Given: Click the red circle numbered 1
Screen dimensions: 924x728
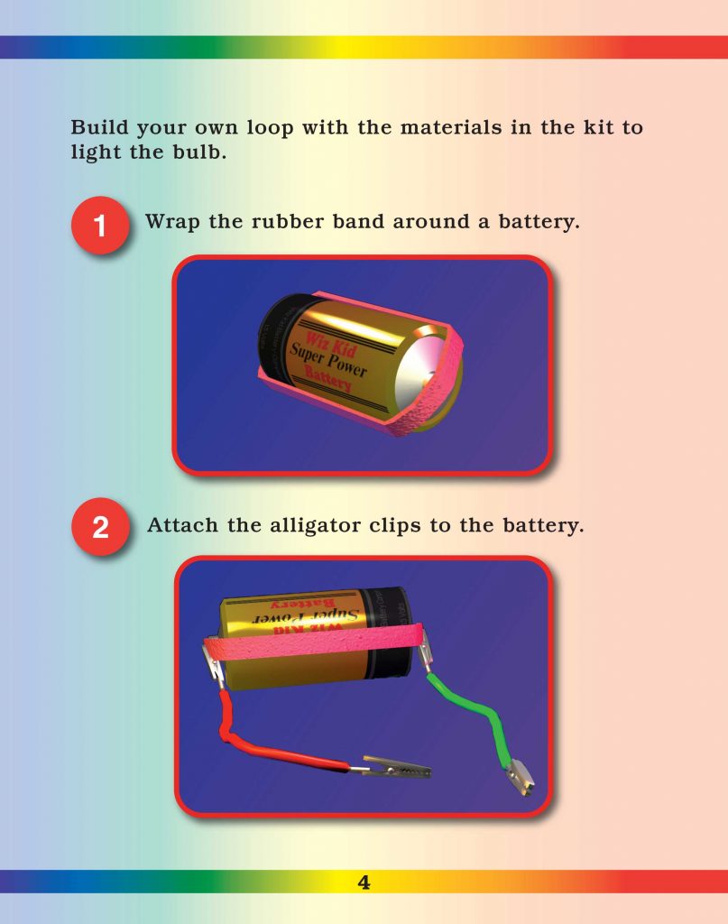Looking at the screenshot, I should [x=100, y=225].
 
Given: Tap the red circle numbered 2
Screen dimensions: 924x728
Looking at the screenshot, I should [x=100, y=526].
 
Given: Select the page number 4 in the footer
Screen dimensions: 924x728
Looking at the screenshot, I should [x=364, y=882].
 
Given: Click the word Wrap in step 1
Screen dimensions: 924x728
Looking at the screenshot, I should [x=172, y=222].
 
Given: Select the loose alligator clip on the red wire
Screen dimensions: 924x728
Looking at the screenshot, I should [x=397, y=768].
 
